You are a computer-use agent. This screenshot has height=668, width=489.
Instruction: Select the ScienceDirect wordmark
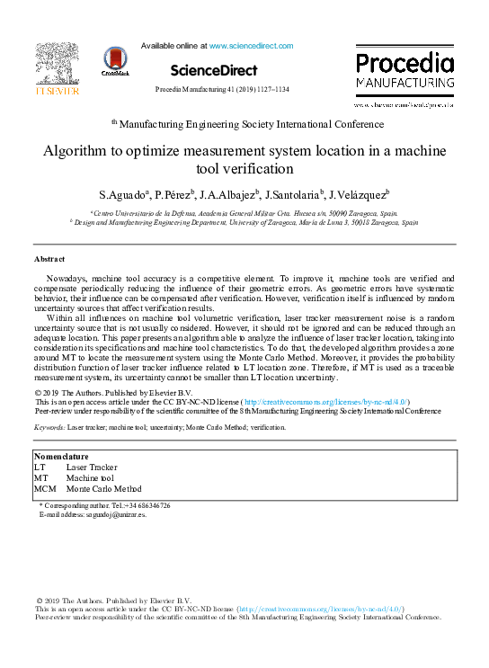pyautogui.click(x=213, y=70)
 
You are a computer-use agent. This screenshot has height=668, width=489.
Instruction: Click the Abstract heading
pyautogui.click(x=50, y=259)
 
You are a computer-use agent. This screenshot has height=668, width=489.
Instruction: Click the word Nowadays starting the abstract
pyautogui.click(x=68, y=280)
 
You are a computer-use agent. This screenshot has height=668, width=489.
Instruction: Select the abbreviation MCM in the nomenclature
pyautogui.click(x=45, y=489)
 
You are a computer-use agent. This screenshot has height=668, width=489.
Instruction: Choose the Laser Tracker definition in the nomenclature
pyautogui.click(x=92, y=468)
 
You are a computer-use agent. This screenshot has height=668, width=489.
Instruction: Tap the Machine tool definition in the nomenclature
pyautogui.click(x=91, y=478)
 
